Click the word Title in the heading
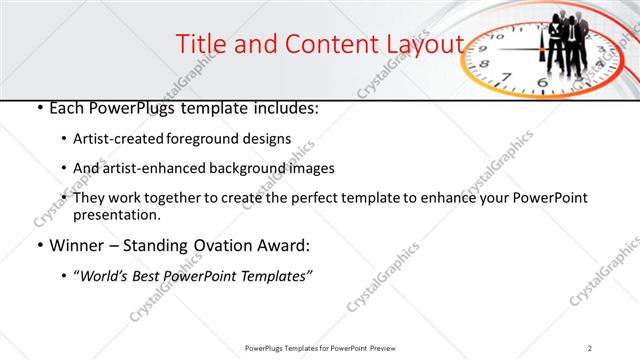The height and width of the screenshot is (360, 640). click(200, 44)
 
